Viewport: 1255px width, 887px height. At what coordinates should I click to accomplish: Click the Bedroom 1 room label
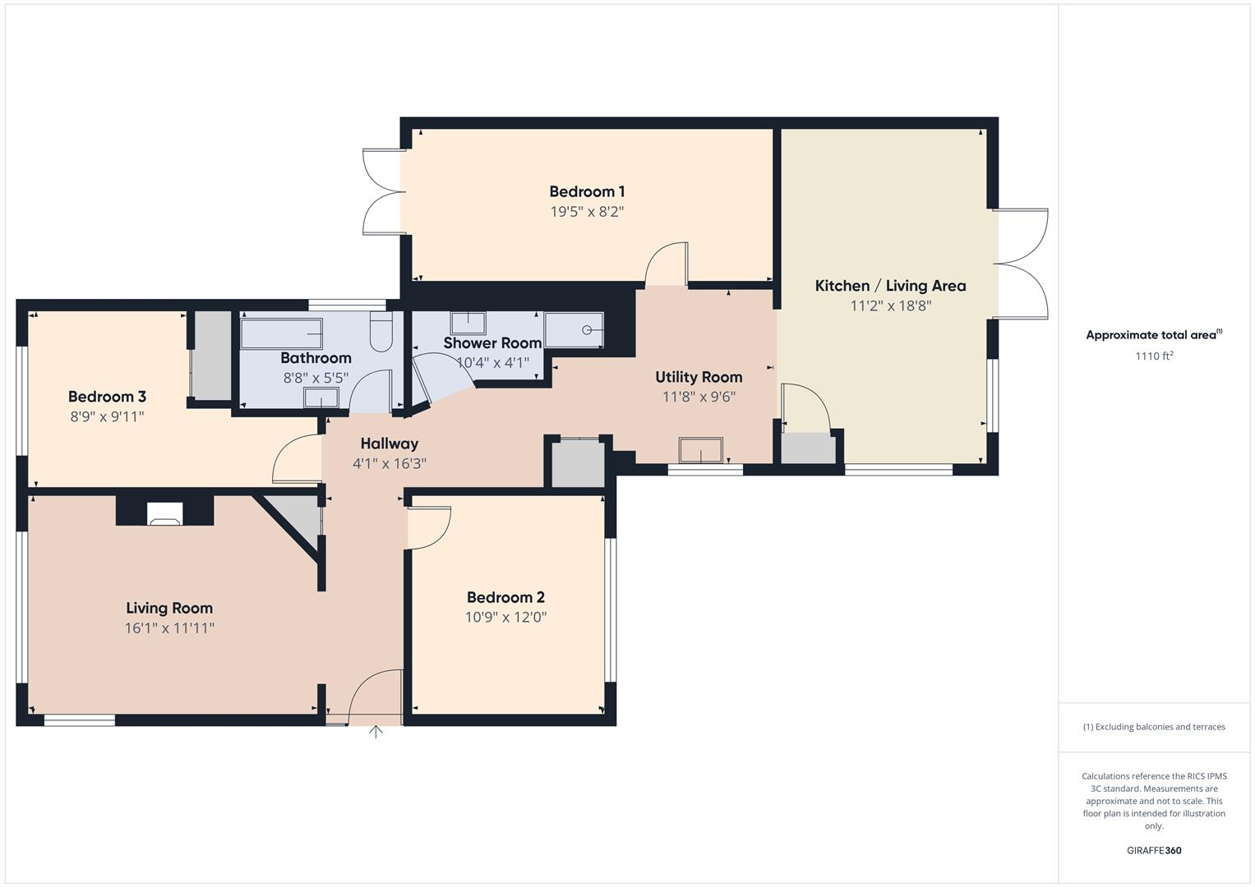[587, 191]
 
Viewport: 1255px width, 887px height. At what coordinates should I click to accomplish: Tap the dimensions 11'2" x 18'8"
[890, 306]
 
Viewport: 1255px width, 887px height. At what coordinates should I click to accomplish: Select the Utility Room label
[699, 377]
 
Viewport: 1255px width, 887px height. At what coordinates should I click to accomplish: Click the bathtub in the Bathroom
[281, 334]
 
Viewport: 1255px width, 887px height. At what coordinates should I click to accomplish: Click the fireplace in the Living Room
[164, 512]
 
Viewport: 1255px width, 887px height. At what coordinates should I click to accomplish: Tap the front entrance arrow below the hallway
[376, 732]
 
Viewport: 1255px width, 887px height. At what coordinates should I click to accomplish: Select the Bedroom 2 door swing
[431, 526]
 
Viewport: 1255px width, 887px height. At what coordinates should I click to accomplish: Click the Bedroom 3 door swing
[296, 460]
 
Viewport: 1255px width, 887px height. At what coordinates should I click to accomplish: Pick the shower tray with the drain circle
[574, 330]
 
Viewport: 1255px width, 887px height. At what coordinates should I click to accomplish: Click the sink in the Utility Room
[700, 451]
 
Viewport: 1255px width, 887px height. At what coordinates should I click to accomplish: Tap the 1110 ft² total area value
[1154, 356]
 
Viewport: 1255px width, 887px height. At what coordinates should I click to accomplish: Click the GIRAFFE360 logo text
[1154, 850]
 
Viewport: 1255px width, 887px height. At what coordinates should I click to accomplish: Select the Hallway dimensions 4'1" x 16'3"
[390, 464]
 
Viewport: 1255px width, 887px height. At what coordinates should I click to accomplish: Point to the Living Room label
[169, 608]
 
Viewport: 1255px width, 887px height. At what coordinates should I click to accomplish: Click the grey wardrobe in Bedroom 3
[212, 355]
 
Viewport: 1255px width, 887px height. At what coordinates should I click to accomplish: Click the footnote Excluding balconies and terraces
[1154, 727]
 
